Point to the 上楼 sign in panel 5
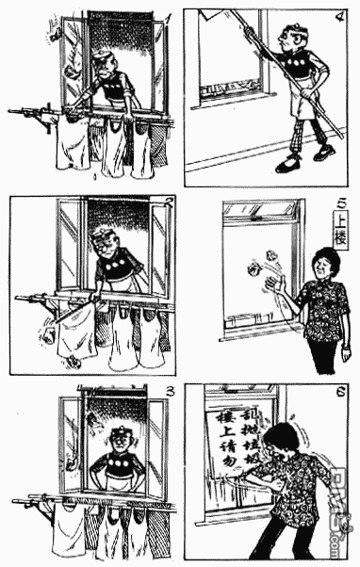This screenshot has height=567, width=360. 342,226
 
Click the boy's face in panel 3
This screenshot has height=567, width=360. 119,441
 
